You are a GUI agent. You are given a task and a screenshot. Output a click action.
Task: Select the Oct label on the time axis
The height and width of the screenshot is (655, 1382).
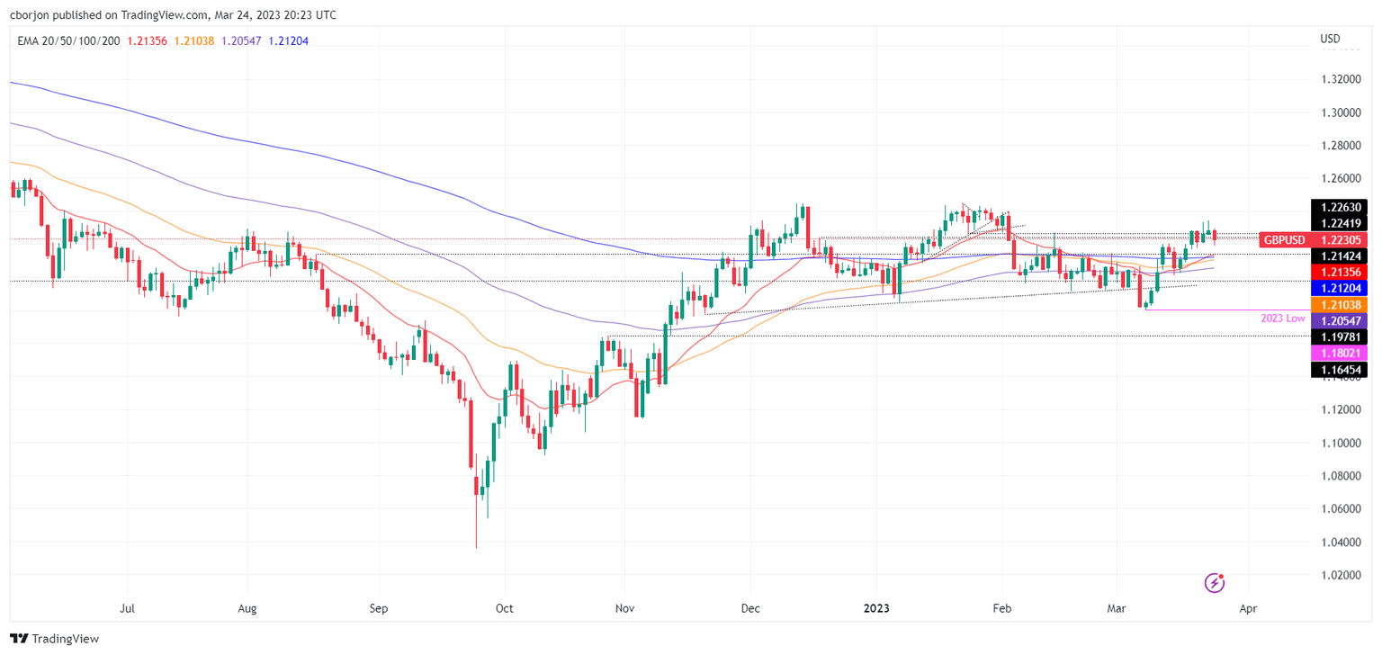coord(504,608)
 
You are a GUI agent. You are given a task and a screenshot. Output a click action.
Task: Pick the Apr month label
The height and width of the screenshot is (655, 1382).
coord(1247,608)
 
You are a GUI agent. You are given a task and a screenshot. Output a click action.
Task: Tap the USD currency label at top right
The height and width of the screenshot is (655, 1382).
coord(1329,39)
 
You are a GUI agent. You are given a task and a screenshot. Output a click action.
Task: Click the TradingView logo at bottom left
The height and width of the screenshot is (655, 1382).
coord(54,638)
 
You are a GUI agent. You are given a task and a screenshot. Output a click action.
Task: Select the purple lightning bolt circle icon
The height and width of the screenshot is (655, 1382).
coord(1215,583)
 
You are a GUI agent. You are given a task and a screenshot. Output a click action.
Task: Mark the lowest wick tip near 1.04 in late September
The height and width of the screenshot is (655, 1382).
coord(476,547)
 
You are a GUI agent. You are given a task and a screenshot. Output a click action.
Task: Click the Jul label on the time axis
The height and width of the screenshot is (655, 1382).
coord(128,608)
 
